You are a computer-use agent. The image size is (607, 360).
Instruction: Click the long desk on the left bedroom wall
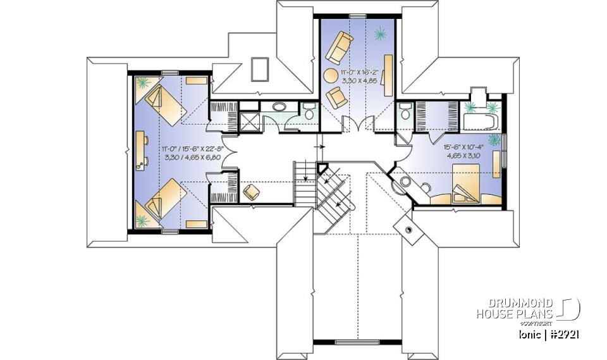pos(138,150)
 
